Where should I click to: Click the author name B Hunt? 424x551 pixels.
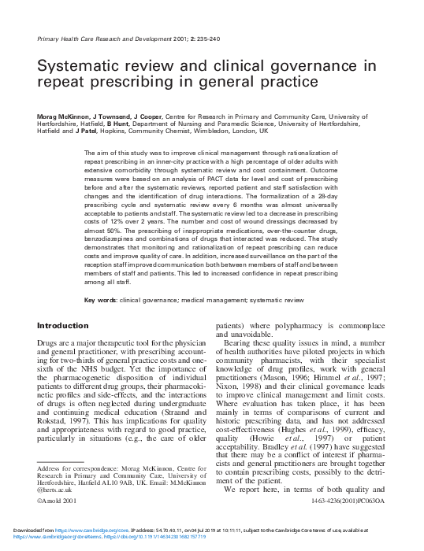pyautogui.click(x=121, y=124)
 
